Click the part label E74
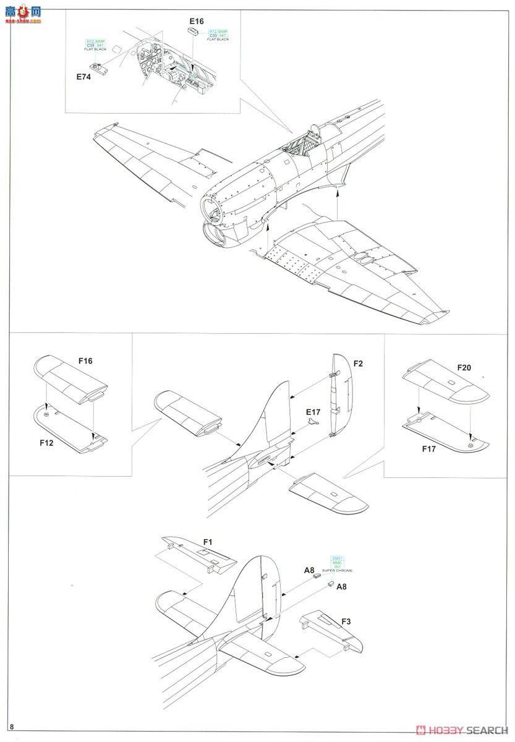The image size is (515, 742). [x=83, y=77]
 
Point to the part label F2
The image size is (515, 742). [x=358, y=364]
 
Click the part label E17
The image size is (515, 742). [x=313, y=411]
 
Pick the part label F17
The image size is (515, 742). [x=429, y=449]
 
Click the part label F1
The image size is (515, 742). [x=208, y=542]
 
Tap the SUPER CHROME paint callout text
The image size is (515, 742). [x=337, y=569]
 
